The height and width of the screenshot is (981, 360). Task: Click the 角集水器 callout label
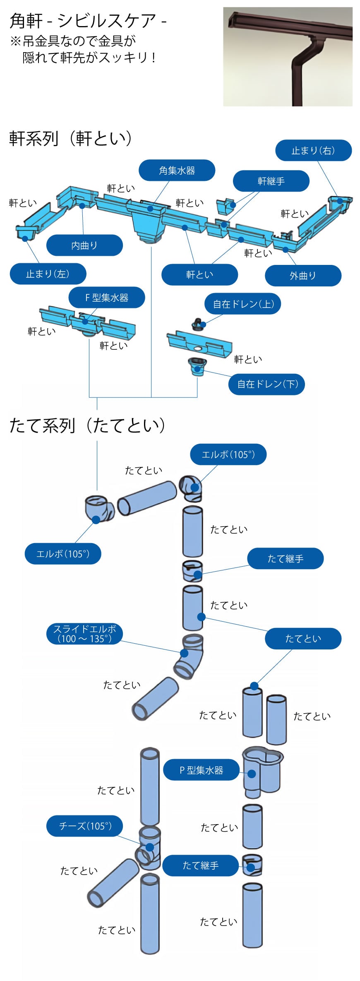177,171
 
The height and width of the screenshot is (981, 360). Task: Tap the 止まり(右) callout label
313,150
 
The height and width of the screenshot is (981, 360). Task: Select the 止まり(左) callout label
48,274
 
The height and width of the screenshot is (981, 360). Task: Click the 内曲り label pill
84,245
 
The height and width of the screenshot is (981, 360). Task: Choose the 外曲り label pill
303,276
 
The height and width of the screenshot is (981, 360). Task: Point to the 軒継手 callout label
271,181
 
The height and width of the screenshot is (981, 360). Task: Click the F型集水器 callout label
107,298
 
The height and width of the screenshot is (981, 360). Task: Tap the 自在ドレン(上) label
243,304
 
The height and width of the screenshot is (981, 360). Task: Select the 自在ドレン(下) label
267,384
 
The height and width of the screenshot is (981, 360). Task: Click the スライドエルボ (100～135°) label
85,634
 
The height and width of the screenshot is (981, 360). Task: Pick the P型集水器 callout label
202,770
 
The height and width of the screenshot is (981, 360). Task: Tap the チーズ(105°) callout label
85,826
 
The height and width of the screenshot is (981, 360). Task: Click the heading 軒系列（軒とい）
70,138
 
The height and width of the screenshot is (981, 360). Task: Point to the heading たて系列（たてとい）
87,426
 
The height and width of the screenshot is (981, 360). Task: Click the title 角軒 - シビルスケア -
88,21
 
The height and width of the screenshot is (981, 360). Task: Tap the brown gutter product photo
288,57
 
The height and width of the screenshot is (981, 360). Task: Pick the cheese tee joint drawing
149,849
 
